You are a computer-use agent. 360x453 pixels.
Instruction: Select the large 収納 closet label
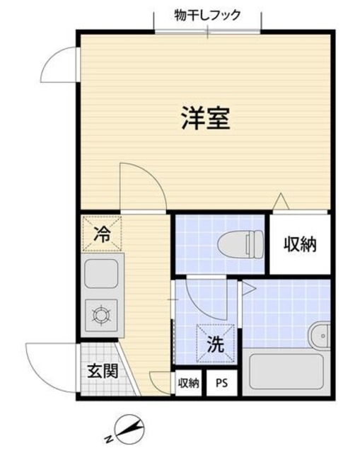(300, 244)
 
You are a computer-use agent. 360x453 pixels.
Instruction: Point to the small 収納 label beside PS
(188, 384)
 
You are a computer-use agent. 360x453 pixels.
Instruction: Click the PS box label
(221, 384)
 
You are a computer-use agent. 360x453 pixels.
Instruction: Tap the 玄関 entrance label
(102, 369)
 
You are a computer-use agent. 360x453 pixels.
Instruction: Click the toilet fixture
(241, 244)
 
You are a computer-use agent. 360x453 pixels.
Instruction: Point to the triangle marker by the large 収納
(281, 201)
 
